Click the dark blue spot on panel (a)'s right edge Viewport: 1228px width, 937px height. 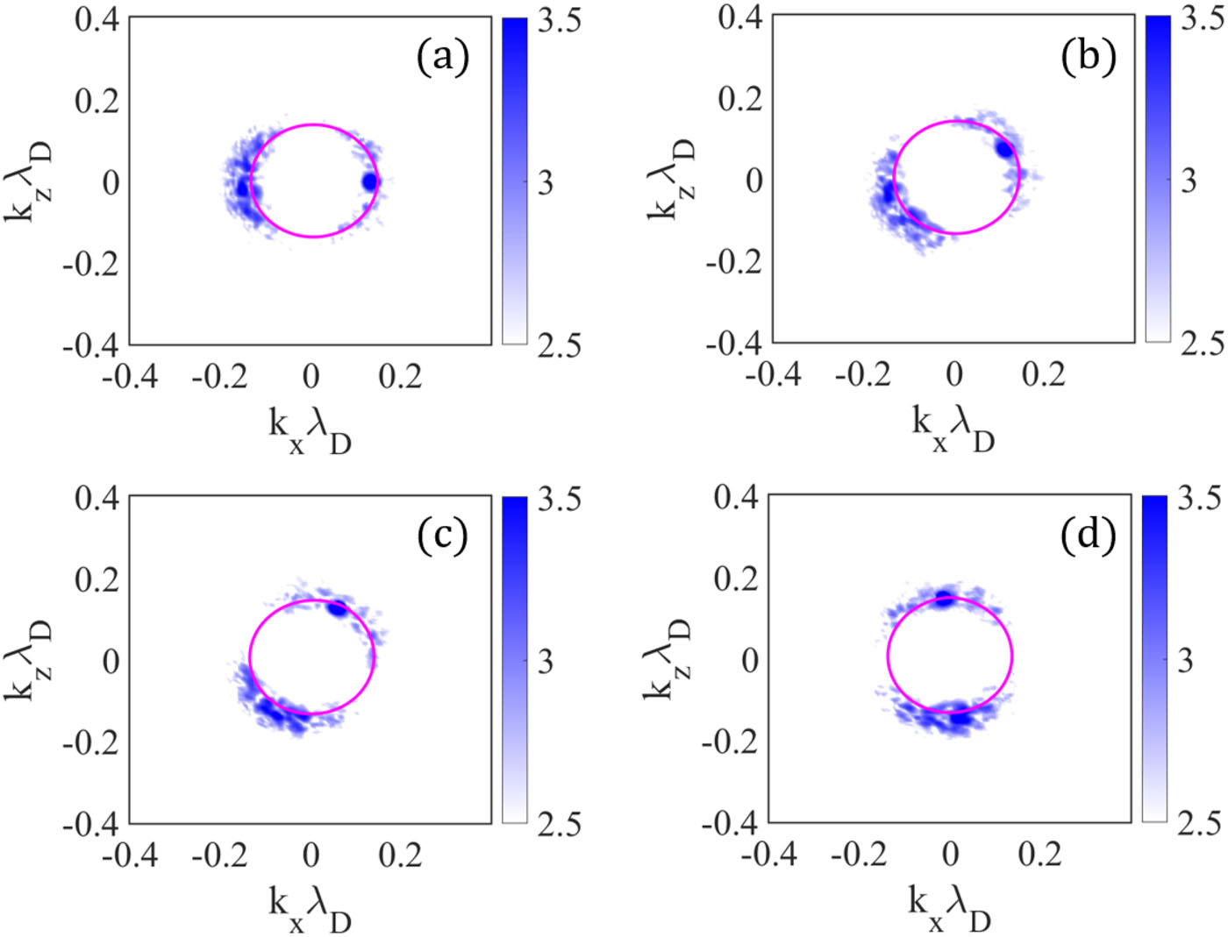(370, 181)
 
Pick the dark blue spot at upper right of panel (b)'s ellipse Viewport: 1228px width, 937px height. (1005, 149)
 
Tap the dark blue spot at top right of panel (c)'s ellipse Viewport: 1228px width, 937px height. (338, 608)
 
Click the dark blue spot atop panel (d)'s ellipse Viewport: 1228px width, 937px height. (943, 597)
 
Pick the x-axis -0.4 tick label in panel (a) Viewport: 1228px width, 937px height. (131, 376)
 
